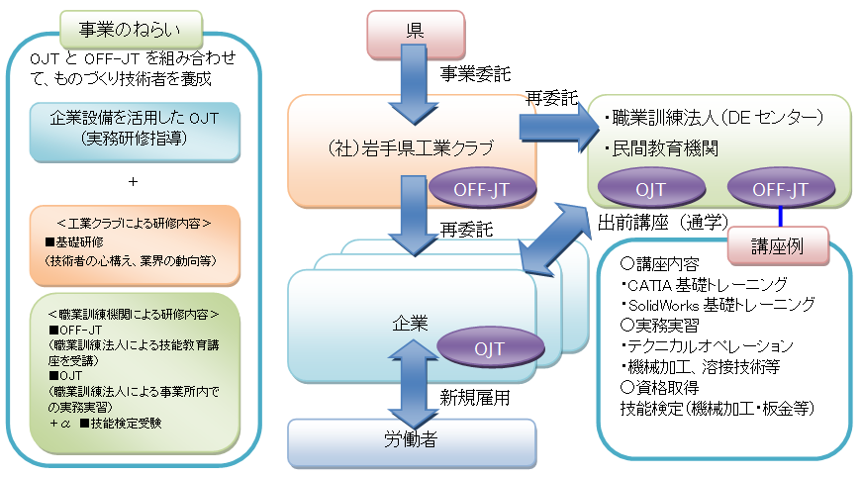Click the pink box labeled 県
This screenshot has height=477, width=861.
[415, 33]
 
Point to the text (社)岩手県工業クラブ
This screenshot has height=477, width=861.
[411, 149]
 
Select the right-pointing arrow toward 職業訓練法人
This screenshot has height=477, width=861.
[552, 127]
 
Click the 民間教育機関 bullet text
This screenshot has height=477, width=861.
[660, 148]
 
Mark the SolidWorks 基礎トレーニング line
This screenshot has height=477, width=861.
[717, 304]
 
